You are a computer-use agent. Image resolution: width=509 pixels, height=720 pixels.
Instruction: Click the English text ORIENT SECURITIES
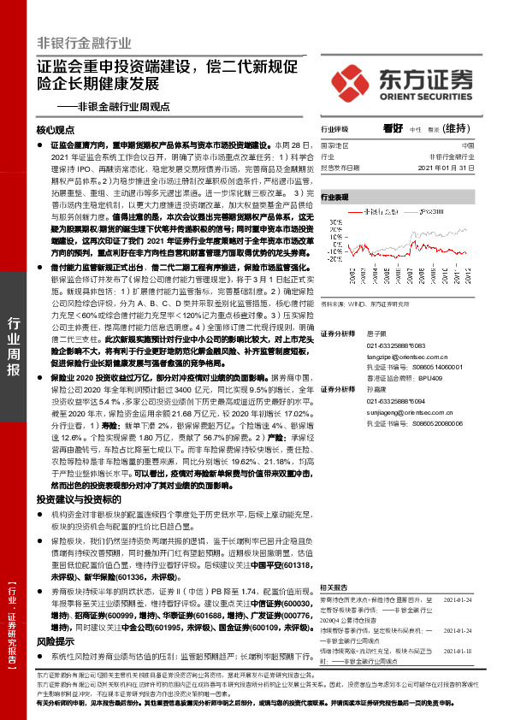coord(424,95)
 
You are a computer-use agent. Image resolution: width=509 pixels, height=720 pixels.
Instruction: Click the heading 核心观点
coord(56,129)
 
